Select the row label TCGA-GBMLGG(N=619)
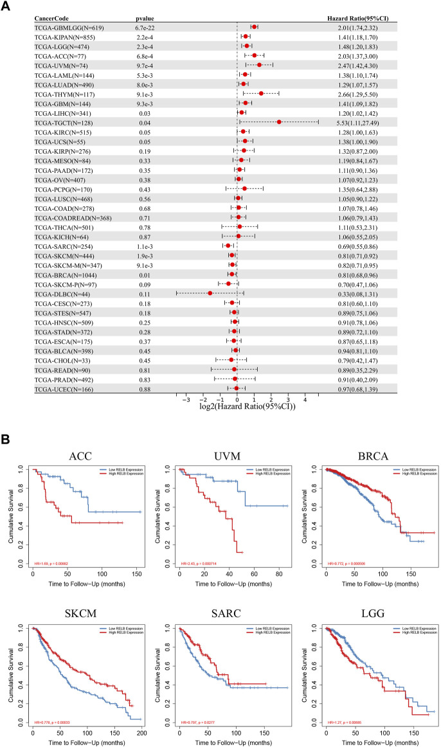[66, 27]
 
